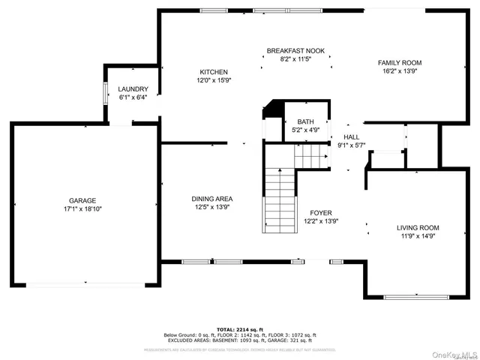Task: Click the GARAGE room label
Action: [82, 200]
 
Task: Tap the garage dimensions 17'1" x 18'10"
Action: [82, 209]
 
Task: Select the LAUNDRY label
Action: [133, 88]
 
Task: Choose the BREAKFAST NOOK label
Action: [295, 51]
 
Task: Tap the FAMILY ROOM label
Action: [399, 63]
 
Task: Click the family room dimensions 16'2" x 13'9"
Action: [399, 72]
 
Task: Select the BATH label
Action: [305, 121]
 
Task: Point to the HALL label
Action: [352, 136]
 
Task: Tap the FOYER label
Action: [321, 213]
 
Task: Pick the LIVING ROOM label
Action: [418, 227]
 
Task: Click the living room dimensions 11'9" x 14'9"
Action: [418, 236]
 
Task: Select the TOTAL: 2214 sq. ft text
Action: [240, 329]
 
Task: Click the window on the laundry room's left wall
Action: [105, 92]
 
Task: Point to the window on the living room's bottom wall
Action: [416, 298]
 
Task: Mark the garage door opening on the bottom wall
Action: [82, 284]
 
